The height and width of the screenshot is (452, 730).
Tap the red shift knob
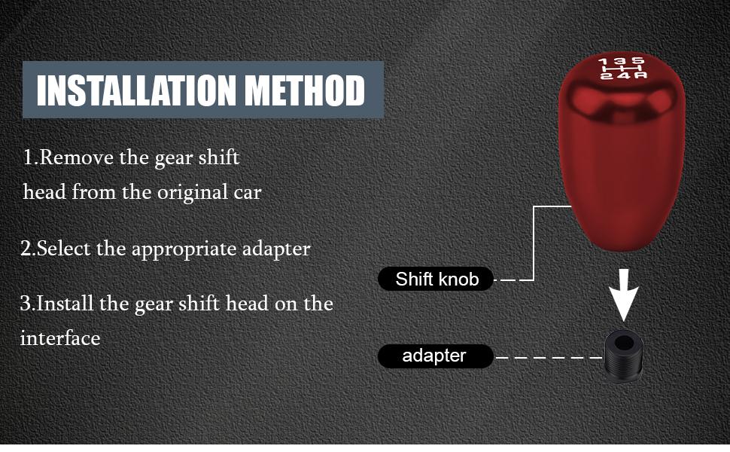point(622,158)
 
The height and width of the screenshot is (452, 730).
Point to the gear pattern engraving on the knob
point(622,68)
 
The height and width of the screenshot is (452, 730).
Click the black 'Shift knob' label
point(436,279)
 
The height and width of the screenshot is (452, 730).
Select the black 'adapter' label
point(435,356)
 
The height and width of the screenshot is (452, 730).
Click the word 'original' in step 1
point(189,192)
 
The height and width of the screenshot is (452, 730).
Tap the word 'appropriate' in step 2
point(178,249)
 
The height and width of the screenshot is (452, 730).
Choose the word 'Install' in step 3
point(65,304)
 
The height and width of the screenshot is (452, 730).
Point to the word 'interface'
point(60,337)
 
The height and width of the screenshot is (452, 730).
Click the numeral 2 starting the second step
point(25,249)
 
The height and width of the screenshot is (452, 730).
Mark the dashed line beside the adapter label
point(549,356)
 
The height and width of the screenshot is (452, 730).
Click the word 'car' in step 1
point(246,192)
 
